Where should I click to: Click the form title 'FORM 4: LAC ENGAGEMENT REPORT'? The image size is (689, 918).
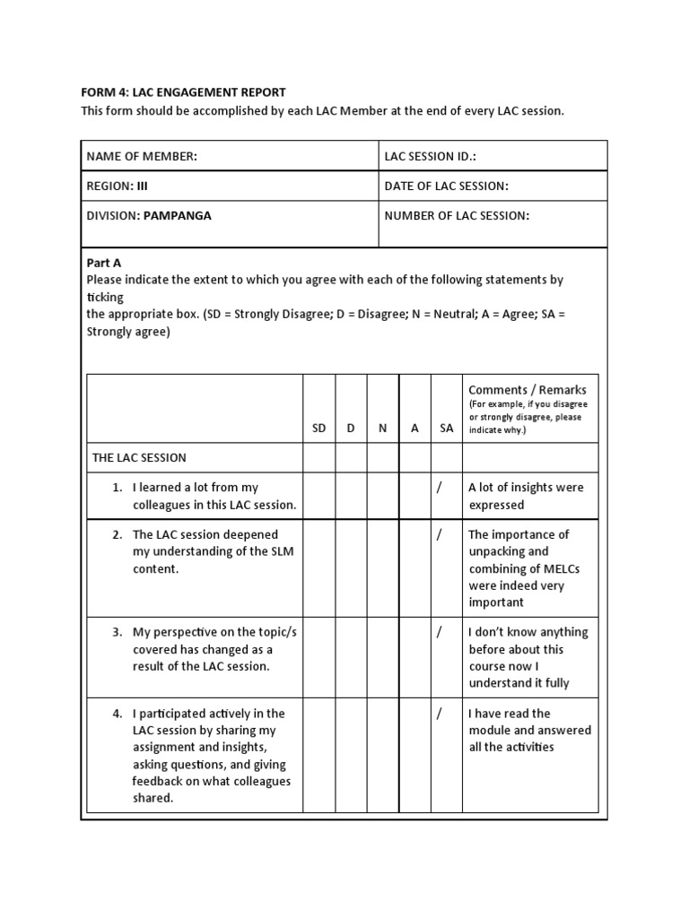(x=183, y=92)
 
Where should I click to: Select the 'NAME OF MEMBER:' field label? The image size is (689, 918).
(x=141, y=156)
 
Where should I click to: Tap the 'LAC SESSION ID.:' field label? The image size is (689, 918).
(x=430, y=156)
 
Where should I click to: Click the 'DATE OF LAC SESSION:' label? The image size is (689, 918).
(x=446, y=186)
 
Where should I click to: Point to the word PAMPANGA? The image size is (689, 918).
(x=178, y=215)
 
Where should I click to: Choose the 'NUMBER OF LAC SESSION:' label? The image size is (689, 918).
(x=457, y=215)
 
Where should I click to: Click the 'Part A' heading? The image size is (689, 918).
(x=103, y=263)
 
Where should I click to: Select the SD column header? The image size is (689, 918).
(x=318, y=429)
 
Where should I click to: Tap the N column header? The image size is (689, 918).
(x=382, y=429)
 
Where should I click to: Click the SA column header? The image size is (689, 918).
(x=446, y=429)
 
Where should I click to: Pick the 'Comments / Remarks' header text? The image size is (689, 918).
(x=528, y=389)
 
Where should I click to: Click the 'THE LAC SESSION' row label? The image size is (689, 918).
(x=139, y=457)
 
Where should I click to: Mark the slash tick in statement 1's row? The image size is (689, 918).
(x=440, y=488)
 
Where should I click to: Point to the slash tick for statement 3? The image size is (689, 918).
(x=440, y=632)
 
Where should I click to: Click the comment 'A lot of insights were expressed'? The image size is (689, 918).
(x=526, y=496)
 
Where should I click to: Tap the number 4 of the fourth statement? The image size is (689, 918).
(x=117, y=714)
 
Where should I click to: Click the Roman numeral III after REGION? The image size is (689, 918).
(x=141, y=186)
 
